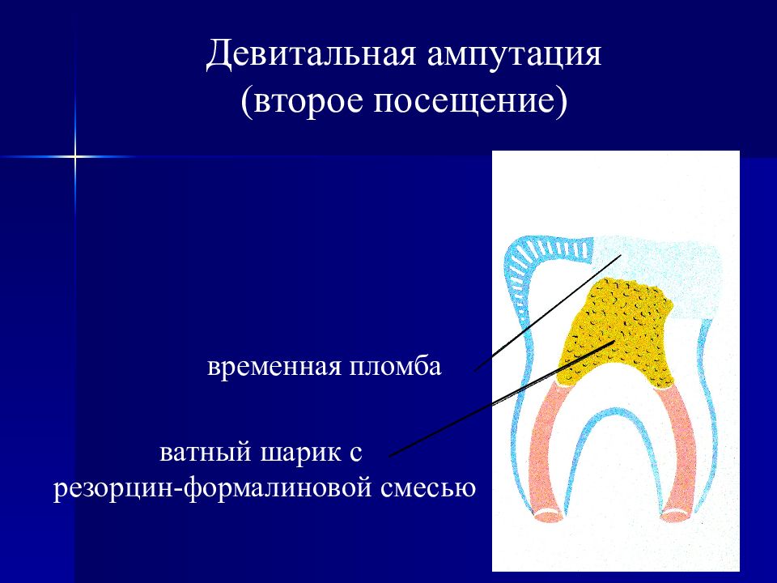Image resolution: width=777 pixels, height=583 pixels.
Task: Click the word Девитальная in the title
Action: point(311,54)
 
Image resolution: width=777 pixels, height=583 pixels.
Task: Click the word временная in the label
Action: point(274,368)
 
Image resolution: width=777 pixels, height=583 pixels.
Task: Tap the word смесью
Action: point(428,487)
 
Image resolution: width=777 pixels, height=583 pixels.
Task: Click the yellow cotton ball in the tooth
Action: point(617,332)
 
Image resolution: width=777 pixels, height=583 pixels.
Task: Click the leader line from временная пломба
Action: point(548,313)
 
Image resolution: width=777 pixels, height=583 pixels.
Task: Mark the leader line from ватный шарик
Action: point(502,398)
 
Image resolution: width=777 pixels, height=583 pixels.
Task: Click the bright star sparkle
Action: point(74,156)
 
